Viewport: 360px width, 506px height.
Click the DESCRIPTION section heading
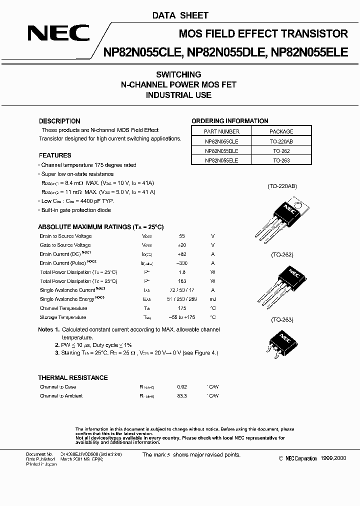(59, 121)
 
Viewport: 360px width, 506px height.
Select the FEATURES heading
(55, 155)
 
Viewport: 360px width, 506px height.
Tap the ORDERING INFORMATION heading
(230, 121)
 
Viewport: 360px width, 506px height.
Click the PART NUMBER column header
(221, 131)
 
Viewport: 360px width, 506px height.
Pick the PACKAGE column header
(281, 131)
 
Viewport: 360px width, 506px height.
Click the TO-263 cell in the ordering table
(281, 160)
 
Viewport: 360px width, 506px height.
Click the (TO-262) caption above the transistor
(282, 254)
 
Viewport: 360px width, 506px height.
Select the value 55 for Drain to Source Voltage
(181, 236)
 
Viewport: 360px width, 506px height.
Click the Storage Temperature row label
(63, 317)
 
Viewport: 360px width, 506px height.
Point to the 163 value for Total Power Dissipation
(181, 281)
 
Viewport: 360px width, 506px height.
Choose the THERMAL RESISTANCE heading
(73, 377)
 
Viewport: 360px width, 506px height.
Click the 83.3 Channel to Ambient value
(181, 396)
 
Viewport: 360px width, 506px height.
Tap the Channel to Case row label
(58, 387)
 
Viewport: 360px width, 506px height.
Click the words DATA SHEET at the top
(180, 15)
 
